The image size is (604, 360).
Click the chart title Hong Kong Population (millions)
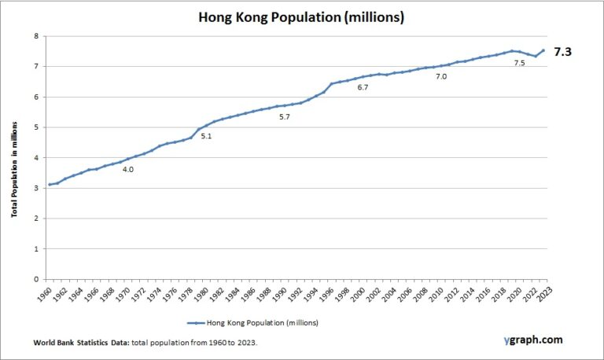click(x=301, y=17)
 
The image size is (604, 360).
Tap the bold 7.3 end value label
click(x=564, y=52)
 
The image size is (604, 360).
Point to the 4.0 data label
click(x=127, y=169)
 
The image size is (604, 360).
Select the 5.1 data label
click(x=206, y=137)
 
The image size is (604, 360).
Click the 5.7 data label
click(x=284, y=117)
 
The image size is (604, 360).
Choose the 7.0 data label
click(x=441, y=77)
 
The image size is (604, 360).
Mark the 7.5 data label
click(x=519, y=63)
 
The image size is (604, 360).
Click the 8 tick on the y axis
click(x=35, y=36)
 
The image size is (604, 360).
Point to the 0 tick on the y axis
click(x=35, y=279)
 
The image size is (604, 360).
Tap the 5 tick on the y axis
click(x=35, y=127)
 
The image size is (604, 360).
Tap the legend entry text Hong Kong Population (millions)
click(x=263, y=322)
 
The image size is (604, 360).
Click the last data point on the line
click(x=543, y=50)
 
